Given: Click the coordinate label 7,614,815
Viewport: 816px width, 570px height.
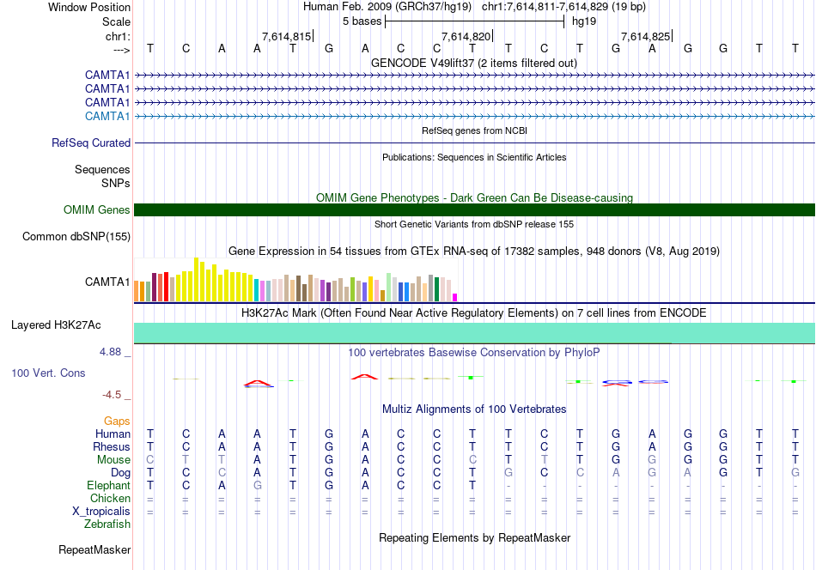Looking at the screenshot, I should [286, 36].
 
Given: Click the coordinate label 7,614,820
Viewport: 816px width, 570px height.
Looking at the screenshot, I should [466, 36].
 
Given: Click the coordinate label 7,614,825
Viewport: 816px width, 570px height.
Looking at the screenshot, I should [645, 36].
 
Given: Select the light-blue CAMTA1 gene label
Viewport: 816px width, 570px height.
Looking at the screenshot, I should [107, 116].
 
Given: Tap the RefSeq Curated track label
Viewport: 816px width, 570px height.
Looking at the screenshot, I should [91, 143].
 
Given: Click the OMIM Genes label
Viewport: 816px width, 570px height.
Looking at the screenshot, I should [97, 210].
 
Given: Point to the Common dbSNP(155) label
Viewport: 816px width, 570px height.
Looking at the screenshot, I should [76, 237].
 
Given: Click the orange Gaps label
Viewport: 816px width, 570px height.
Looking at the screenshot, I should [117, 421].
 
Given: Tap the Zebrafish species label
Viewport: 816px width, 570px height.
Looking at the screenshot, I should [107, 524].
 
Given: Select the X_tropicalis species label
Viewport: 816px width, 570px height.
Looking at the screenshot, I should [101, 511].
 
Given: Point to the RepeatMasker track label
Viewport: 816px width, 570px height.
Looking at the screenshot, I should [94, 549].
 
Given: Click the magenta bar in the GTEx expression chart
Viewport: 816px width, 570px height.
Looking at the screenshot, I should [455, 297].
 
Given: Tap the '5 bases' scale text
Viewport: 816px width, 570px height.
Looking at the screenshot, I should [362, 21].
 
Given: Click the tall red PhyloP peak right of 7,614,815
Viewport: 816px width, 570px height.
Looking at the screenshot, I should [365, 376].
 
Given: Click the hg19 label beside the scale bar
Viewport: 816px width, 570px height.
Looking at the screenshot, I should [584, 21].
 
